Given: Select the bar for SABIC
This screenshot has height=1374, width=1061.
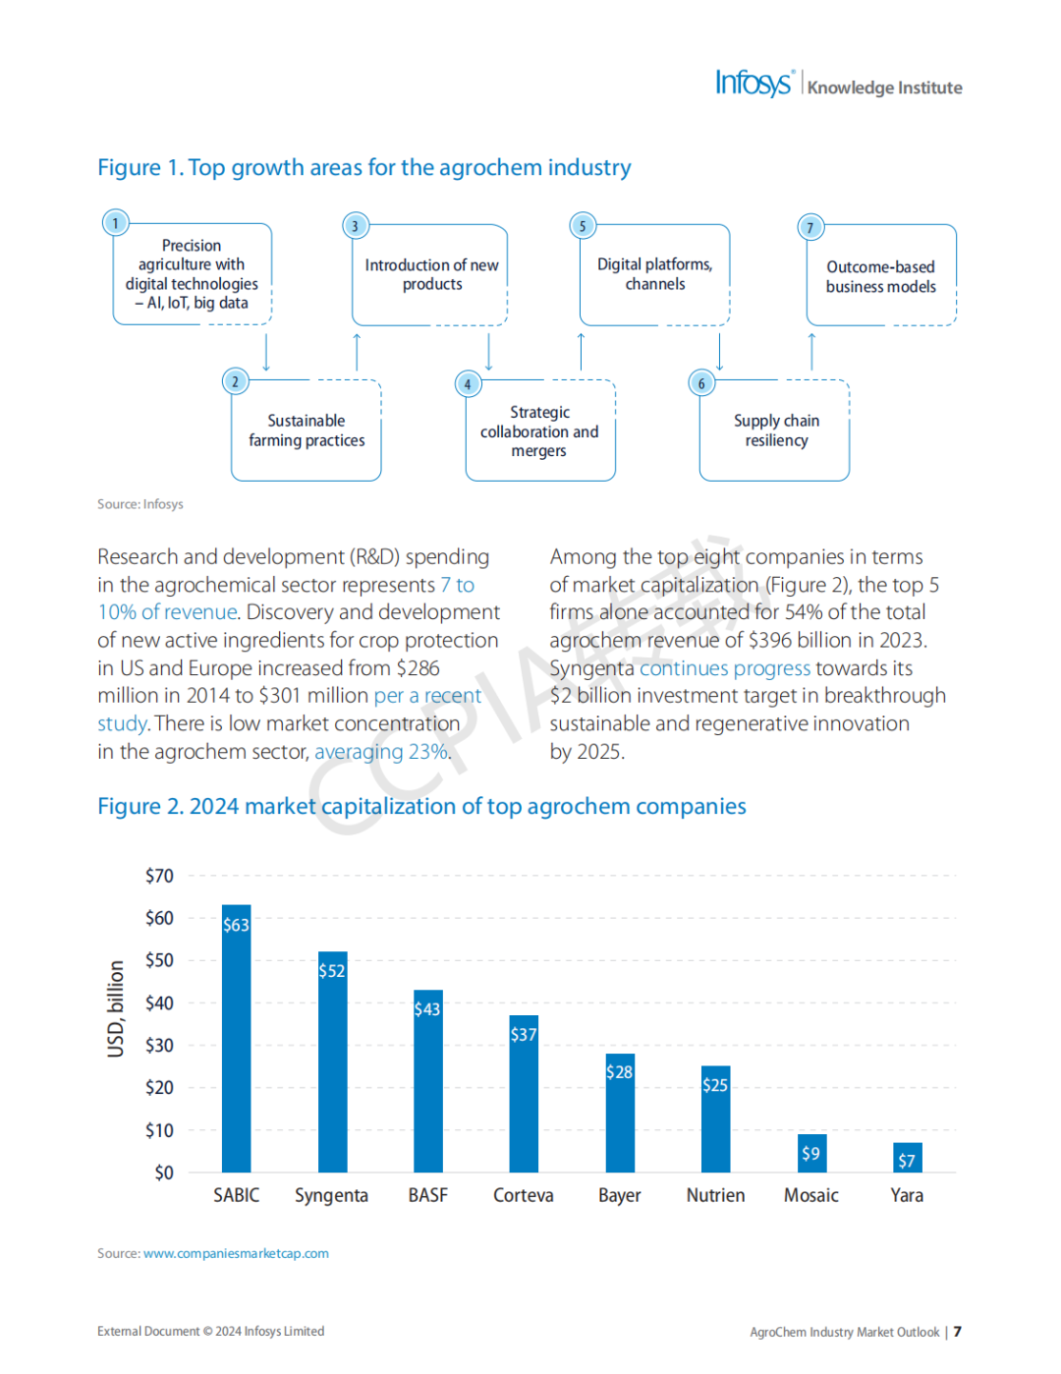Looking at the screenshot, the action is pyautogui.click(x=237, y=1038).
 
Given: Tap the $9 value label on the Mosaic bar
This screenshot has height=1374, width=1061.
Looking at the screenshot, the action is pyautogui.click(x=810, y=1153).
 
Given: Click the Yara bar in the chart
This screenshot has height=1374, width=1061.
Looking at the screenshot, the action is pyautogui.click(x=907, y=1157).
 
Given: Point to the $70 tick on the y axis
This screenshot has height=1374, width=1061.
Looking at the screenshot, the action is pyautogui.click(x=159, y=876).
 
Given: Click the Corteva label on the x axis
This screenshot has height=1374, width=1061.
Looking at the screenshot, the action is pyautogui.click(x=524, y=1195).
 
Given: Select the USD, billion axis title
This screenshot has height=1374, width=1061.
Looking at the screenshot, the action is pyautogui.click(x=115, y=1008).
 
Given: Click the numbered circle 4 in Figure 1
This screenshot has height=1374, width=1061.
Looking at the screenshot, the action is pyautogui.click(x=468, y=384).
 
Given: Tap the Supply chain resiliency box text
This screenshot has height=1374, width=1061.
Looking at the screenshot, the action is pyautogui.click(x=776, y=429).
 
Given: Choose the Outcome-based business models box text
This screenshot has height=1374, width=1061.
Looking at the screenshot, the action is pyautogui.click(x=881, y=276).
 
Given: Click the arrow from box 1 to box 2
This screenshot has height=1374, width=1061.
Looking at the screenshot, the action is pyautogui.click(x=266, y=352).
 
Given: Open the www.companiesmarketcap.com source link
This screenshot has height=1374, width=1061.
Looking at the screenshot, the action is pyautogui.click(x=236, y=1253).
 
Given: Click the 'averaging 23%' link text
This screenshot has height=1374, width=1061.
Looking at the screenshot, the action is pyautogui.click(x=381, y=751).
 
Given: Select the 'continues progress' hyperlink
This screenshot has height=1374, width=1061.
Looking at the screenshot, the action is pyautogui.click(x=725, y=667).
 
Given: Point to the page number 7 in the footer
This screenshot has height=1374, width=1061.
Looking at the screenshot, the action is pyautogui.click(x=958, y=1332).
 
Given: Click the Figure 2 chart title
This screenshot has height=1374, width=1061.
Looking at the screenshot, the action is pyautogui.click(x=421, y=806).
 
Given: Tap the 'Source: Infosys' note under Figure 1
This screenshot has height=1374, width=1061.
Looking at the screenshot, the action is pyautogui.click(x=140, y=504).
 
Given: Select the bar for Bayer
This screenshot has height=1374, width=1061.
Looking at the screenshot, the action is pyautogui.click(x=620, y=1113).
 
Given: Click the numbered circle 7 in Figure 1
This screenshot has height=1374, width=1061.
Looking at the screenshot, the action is pyautogui.click(x=810, y=228).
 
